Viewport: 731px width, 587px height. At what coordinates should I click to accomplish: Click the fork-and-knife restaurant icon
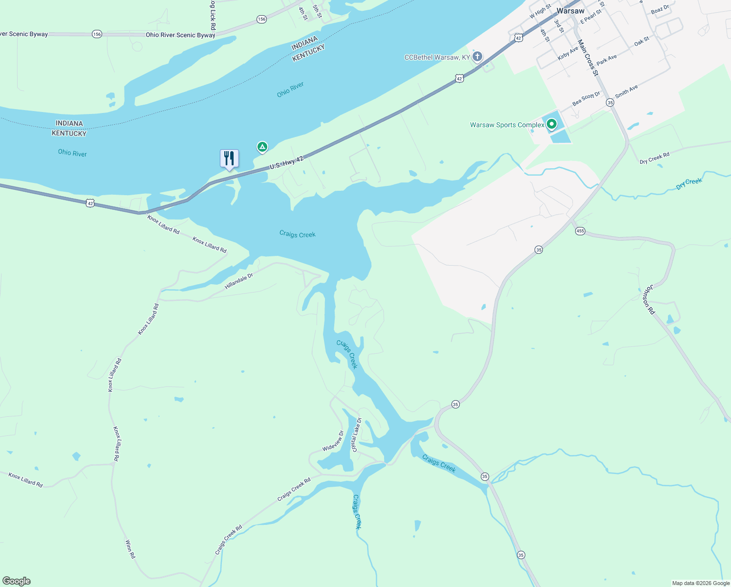click(229, 158)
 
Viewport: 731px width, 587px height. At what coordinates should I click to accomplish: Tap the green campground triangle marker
click(262, 146)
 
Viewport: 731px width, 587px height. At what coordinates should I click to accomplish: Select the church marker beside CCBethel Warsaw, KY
click(477, 56)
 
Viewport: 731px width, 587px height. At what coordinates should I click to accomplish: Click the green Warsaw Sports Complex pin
click(551, 124)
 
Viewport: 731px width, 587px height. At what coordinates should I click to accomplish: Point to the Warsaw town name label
click(570, 11)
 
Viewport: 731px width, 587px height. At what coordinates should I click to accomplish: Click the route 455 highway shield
click(580, 231)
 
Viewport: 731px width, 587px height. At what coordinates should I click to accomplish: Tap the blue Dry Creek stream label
click(689, 184)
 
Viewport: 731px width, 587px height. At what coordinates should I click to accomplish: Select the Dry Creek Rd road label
click(654, 158)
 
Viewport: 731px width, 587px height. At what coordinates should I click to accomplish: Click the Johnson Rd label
click(648, 300)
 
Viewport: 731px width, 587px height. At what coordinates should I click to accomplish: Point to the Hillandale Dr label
click(239, 281)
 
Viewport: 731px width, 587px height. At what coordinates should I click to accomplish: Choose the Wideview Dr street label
click(333, 441)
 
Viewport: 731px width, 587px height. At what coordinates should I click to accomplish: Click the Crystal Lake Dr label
click(356, 434)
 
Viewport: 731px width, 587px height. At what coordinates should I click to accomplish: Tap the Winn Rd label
click(130, 549)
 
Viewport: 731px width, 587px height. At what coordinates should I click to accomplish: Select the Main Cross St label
click(588, 58)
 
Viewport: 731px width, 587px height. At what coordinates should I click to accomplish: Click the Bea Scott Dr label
click(586, 99)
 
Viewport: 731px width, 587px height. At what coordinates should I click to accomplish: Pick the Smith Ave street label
click(626, 91)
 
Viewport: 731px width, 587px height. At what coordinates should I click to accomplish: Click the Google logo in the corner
click(17, 581)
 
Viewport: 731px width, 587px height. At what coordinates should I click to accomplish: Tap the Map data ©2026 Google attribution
click(701, 583)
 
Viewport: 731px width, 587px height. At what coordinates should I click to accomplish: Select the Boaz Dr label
click(660, 9)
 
